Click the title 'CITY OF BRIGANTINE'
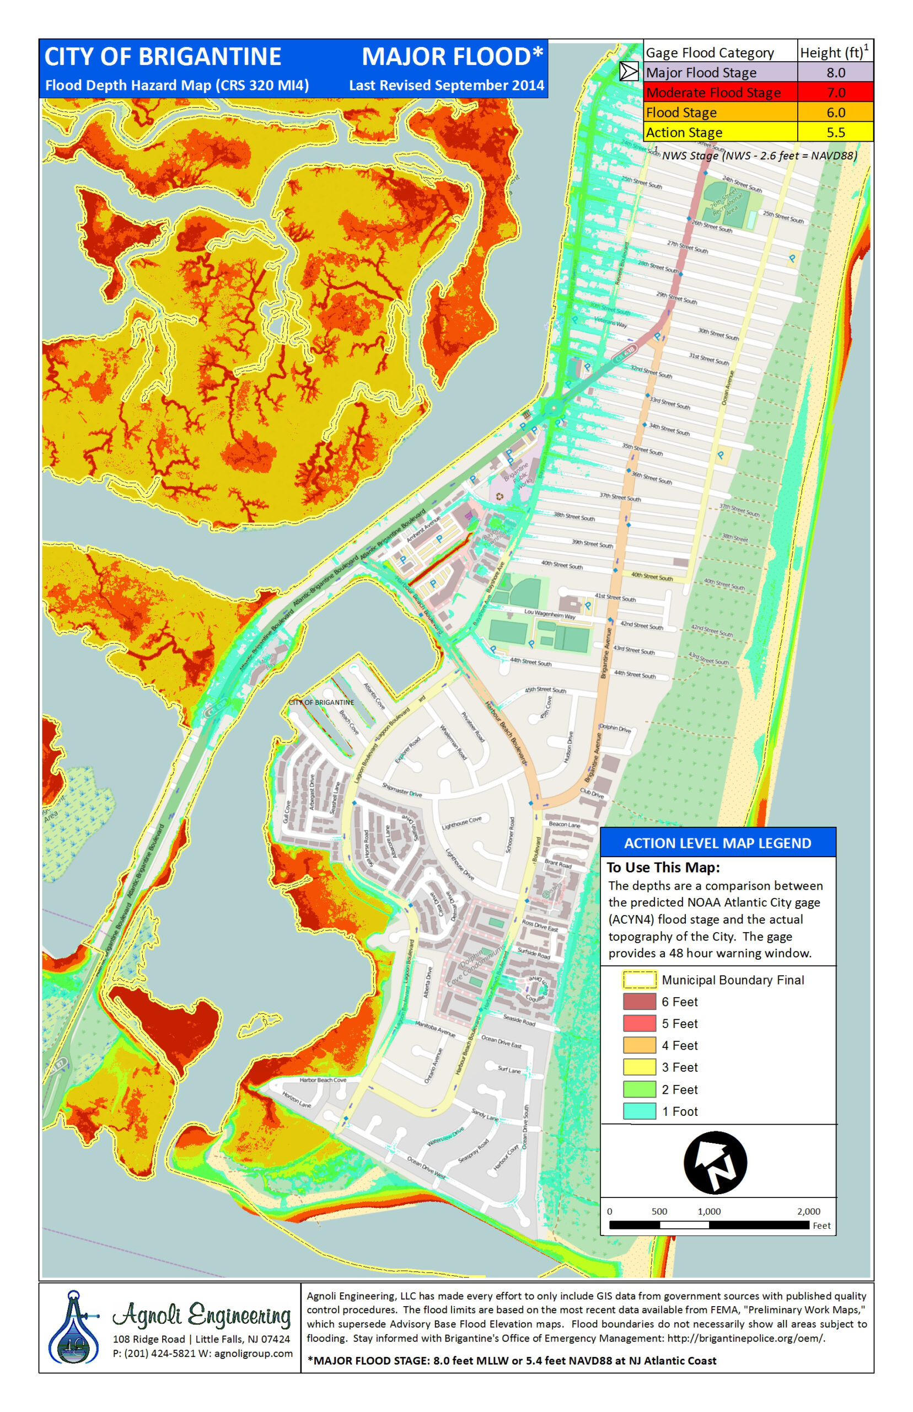[163, 57]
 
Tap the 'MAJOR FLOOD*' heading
[452, 57]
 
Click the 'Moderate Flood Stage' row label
[713, 93]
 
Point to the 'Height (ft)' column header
[832, 53]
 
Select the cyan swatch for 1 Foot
[639, 1111]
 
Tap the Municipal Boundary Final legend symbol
[639, 980]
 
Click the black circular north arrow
[715, 1162]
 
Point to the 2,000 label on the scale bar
[808, 1212]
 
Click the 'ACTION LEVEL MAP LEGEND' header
[717, 843]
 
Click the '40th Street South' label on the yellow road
[652, 576]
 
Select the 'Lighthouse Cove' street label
[462, 822]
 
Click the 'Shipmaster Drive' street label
[401, 790]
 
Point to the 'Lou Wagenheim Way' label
[550, 614]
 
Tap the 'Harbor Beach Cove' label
[323, 1080]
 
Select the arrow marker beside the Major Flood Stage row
[629, 72]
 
